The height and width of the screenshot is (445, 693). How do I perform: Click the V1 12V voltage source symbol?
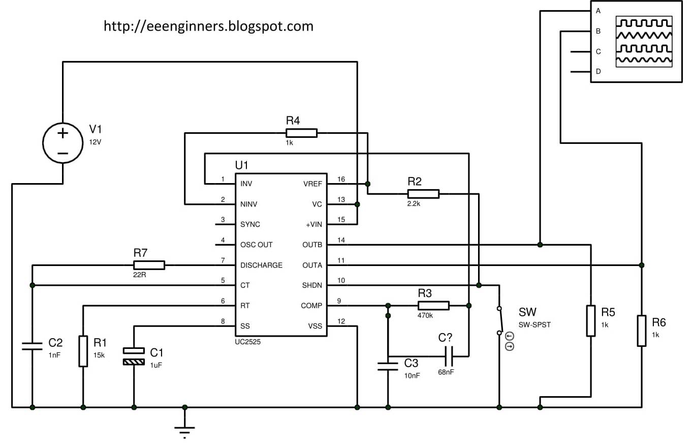coord(62,143)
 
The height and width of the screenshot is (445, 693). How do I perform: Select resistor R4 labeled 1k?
coord(301,133)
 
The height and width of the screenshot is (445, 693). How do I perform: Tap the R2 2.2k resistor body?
coord(423,194)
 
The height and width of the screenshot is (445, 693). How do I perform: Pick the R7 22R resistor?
coord(149,265)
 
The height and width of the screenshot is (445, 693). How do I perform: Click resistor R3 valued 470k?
coord(433,305)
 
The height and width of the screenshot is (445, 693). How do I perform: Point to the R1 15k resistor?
coord(83,351)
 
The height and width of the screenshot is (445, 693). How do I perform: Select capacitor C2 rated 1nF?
coord(32,346)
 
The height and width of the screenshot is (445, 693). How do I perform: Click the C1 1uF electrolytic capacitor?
coord(134,357)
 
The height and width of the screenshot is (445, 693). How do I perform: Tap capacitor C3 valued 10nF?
coord(388,366)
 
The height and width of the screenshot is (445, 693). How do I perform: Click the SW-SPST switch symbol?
coord(499,321)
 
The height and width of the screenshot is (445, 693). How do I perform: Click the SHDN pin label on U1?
coord(312,285)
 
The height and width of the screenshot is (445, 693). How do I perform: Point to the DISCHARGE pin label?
coord(261,265)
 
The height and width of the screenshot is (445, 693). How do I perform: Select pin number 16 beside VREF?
coord(341,179)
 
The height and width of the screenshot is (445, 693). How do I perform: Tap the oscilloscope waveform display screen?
coord(644,42)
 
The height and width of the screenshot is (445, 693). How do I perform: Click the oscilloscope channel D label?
coord(598,72)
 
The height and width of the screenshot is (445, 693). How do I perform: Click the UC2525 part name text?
coord(248,343)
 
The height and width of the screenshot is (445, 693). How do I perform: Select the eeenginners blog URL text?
coord(208,26)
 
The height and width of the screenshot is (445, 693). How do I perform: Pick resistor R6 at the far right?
coord(642,331)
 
